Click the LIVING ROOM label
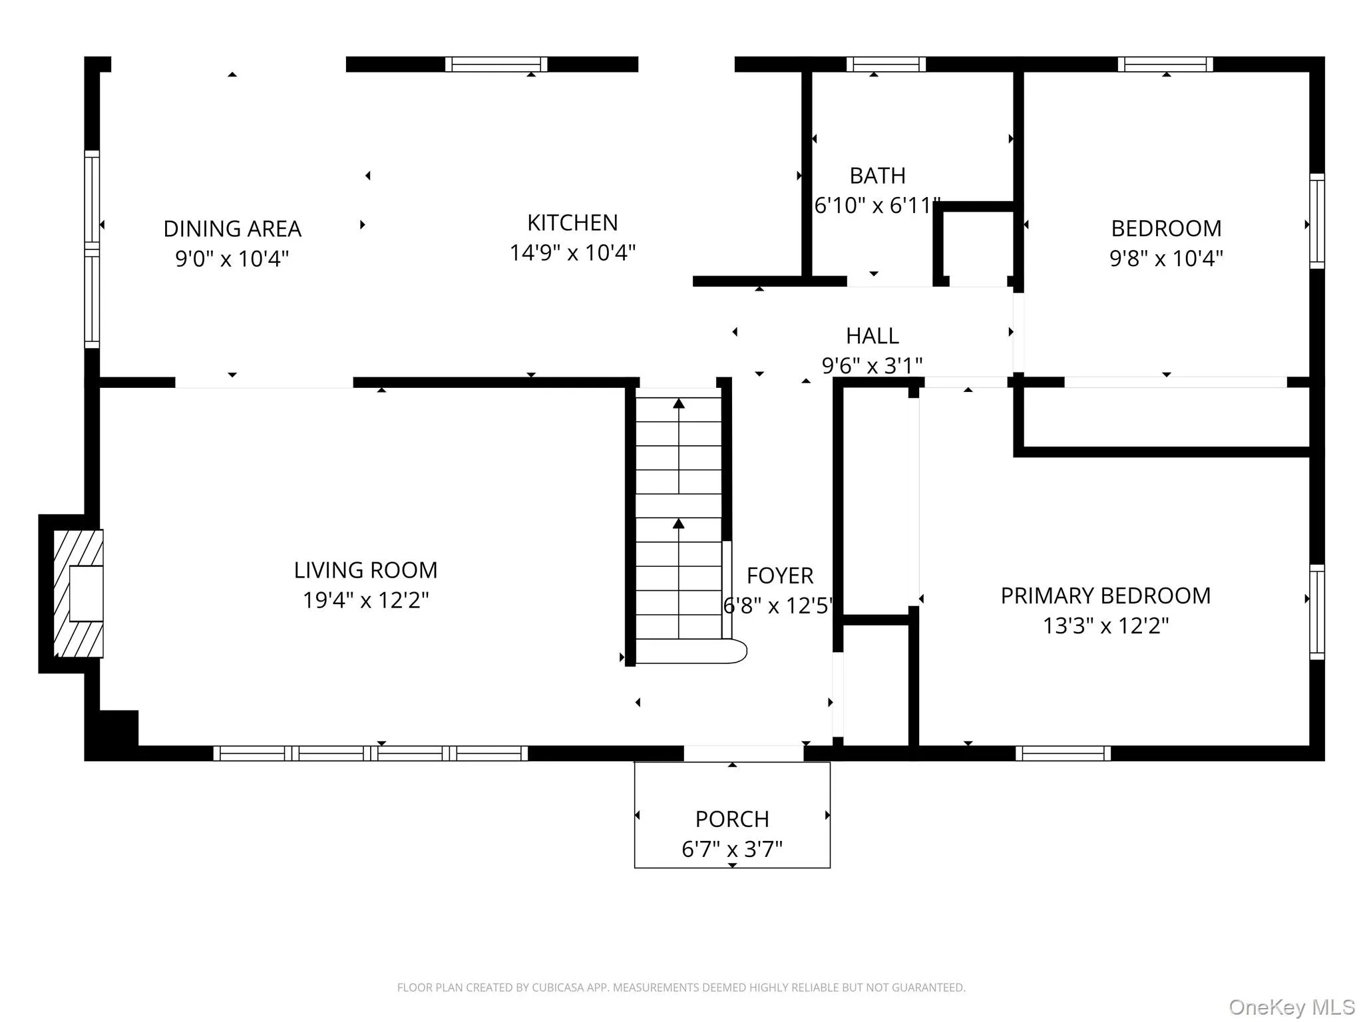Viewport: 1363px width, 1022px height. click(365, 570)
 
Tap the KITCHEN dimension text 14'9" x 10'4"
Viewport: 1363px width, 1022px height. click(572, 253)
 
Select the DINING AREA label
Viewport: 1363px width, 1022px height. click(232, 229)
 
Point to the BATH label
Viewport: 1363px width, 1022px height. click(877, 176)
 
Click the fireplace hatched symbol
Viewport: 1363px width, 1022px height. click(79, 594)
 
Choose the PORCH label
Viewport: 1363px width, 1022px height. click(732, 818)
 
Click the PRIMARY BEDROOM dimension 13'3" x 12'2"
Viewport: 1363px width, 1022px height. click(1105, 625)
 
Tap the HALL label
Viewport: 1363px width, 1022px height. click(872, 336)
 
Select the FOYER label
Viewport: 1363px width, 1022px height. click(780, 576)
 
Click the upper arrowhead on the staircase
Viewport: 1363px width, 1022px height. click(678, 403)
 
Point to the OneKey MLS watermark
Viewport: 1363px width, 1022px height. click(1291, 1007)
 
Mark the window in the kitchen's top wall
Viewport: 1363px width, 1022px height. click(496, 64)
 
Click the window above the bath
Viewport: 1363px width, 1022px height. click(886, 64)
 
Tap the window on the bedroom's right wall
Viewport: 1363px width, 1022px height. click(1316, 221)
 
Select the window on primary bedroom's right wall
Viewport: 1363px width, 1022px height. click(1316, 612)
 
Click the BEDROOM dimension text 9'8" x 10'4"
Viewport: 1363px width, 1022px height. click(1166, 258)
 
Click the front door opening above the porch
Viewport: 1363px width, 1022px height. click(743, 753)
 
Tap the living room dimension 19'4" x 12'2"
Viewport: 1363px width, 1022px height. click(365, 600)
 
